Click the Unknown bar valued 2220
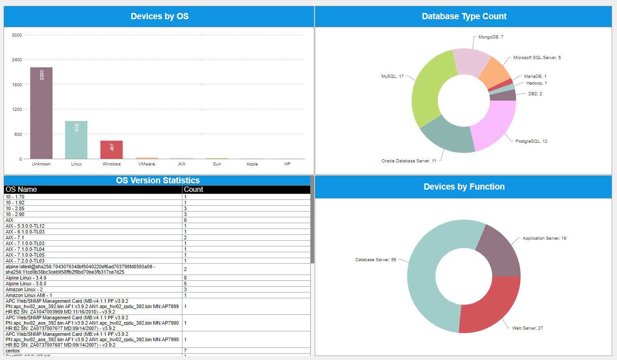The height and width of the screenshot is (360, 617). (41, 113)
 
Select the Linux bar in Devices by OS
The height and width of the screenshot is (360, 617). (76, 140)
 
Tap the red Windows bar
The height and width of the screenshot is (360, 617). (111, 149)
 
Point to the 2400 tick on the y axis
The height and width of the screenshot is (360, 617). (17, 59)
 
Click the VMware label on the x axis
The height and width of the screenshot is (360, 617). (147, 164)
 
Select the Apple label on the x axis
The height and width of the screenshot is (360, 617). (252, 164)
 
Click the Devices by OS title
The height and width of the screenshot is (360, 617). (159, 17)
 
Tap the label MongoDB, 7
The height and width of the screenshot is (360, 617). (490, 37)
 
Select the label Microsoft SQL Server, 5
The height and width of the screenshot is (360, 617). (537, 58)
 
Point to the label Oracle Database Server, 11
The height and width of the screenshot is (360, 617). (409, 161)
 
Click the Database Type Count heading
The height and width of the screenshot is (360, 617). (464, 17)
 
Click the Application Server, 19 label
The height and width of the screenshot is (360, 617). (544, 238)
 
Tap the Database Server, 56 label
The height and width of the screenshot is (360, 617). (376, 260)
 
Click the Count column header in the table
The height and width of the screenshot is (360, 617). (194, 190)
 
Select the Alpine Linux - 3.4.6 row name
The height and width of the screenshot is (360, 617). (25, 278)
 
